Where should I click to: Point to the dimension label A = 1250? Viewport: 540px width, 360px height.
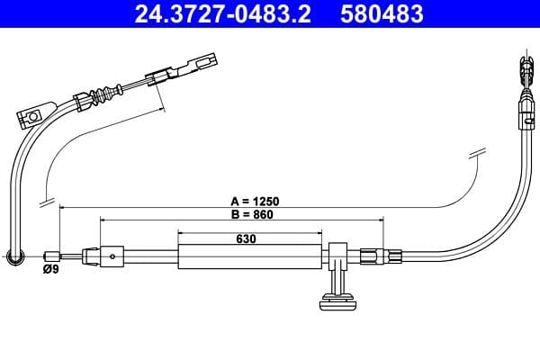tap(248, 202)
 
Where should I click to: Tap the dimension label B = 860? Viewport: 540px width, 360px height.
tap(248, 215)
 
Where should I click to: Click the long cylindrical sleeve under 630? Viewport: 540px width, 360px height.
tap(249, 256)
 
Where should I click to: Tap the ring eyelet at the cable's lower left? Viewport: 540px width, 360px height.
tap(14, 257)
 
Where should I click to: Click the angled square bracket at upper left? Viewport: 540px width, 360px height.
tap(33, 115)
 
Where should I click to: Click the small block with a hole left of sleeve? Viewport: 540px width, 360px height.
tap(112, 256)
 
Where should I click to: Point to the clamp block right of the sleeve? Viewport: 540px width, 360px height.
tap(338, 254)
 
